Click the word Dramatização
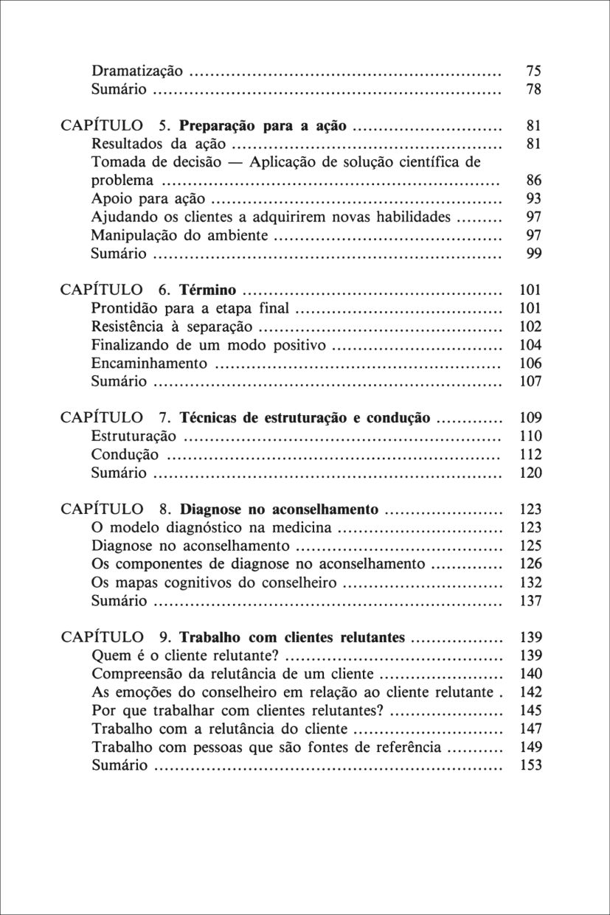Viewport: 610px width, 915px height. [136, 72]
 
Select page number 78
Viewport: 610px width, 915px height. [533, 90]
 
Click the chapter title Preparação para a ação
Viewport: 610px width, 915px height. [263, 126]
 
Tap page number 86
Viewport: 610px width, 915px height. [533, 181]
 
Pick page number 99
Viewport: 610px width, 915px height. [533, 254]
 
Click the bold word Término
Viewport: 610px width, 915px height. [208, 290]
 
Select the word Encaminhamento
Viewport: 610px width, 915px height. [149, 363]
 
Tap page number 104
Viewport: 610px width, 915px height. [530, 345]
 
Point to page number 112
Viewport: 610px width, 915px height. [530, 454]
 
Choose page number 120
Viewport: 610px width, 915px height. [530, 473]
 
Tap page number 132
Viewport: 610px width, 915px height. [530, 582]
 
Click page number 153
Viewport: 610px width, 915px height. [530, 765]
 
